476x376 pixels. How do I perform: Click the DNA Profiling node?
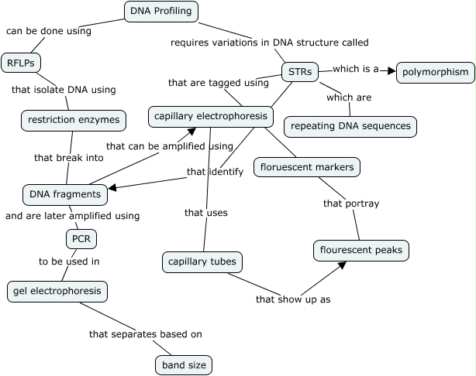pos(161,12)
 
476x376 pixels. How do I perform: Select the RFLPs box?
pos(21,63)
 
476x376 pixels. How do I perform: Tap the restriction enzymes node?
pos(74,120)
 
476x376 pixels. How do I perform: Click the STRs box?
pos(299,73)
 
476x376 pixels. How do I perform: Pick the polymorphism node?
pos(435,73)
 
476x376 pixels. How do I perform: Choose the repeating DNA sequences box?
pos(350,127)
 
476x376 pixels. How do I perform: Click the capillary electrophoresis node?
pos(211,117)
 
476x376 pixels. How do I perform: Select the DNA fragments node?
pos(64,194)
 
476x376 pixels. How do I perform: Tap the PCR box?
pos(81,238)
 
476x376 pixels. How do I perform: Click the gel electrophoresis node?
pos(57,292)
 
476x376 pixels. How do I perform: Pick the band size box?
pos(183,364)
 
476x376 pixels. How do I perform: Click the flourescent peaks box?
pos(360,251)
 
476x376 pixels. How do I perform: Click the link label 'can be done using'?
pos(49,32)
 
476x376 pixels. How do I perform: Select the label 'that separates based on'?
pos(146,334)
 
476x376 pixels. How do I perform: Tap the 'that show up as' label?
pos(293,299)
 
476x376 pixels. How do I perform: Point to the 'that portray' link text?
pos(351,203)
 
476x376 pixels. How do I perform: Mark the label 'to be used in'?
pos(70,261)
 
